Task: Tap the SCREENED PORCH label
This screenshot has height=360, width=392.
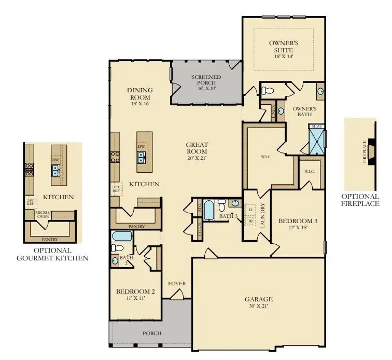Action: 206,80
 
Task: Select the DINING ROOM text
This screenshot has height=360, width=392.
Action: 139,93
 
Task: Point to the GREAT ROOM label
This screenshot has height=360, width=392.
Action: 197,148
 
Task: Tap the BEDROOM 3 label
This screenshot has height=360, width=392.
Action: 298,221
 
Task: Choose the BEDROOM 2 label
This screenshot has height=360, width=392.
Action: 135,292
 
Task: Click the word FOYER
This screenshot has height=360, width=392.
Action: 177,284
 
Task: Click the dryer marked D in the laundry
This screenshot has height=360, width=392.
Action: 250,210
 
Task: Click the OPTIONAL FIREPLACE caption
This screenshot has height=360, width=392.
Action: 359,200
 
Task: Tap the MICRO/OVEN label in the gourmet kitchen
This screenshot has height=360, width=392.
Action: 42,214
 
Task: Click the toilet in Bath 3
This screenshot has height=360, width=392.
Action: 222,203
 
